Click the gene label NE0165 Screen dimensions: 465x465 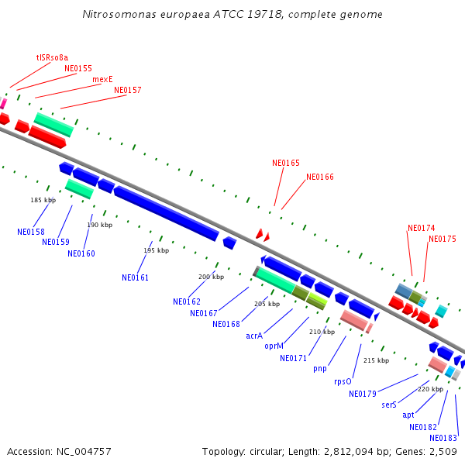tap(285, 163)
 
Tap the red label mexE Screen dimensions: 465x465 tap(102, 79)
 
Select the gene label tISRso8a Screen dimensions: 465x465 tap(52, 57)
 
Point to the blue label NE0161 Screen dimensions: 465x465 tap(135, 277)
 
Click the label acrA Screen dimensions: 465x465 tap(254, 336)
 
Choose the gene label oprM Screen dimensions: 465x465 tap(274, 346)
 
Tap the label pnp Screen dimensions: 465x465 tap(320, 368)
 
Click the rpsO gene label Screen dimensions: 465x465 tap(343, 381)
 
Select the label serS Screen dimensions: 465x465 tap(389, 405)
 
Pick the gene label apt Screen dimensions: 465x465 tap(408, 415)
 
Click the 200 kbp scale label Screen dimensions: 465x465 tap(211, 277)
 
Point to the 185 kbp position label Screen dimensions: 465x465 tap(43, 200)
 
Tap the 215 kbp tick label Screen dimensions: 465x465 tap(376, 360)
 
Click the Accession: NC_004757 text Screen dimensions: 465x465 tap(59, 451)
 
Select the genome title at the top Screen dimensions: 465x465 tap(232, 15)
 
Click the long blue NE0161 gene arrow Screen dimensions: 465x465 tap(166, 213)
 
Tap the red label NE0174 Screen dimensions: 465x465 tap(421, 228)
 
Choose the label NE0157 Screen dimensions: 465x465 tap(128, 90)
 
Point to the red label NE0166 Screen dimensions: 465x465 tap(319, 177)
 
